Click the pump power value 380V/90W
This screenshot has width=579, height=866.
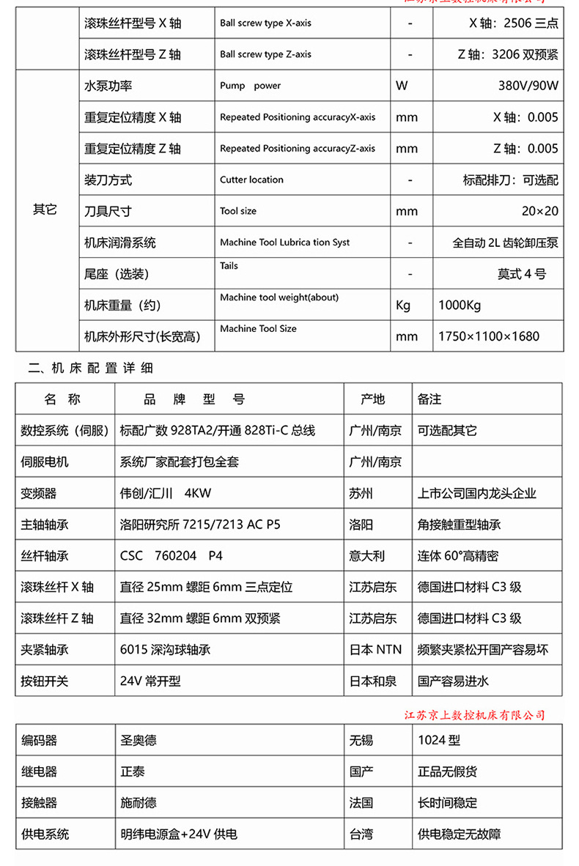click(528, 86)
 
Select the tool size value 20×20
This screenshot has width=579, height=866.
click(539, 211)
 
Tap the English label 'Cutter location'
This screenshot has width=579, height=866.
click(251, 180)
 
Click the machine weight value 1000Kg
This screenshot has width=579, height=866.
click(460, 306)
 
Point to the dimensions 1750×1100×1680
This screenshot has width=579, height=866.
click(488, 336)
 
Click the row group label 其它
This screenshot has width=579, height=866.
click(44, 210)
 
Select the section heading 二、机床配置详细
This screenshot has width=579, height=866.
click(91, 368)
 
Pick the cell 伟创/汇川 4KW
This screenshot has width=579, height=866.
click(165, 493)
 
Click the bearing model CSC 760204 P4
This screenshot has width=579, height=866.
click(171, 556)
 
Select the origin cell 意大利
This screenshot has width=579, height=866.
click(366, 556)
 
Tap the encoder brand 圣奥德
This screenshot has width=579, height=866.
click(139, 741)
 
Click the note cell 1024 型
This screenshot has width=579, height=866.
click(439, 741)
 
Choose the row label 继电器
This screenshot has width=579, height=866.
click(39, 771)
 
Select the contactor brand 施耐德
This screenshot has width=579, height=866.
click(139, 803)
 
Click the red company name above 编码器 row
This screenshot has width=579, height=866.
click(475, 714)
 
